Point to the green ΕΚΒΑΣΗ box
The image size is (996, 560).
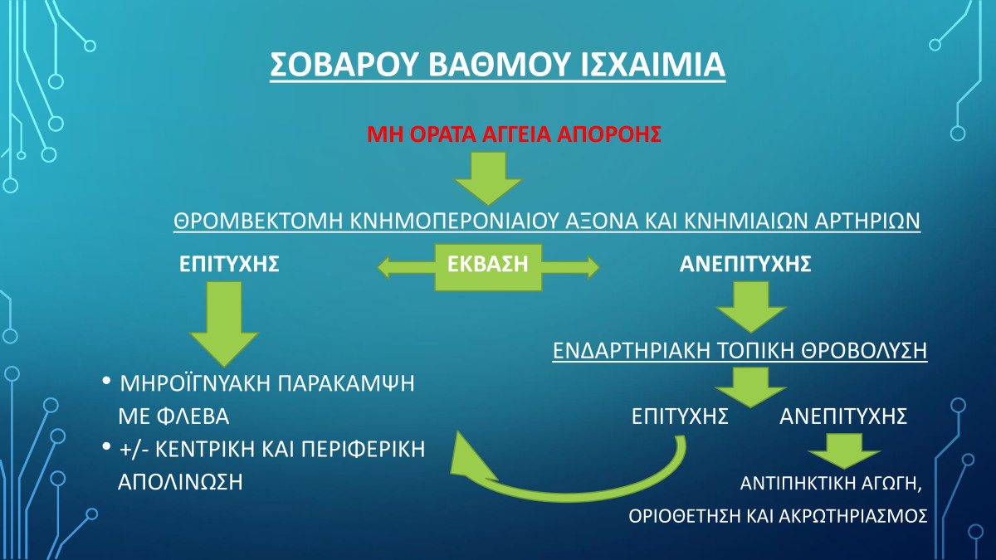488,267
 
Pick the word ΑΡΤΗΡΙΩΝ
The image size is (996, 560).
867,221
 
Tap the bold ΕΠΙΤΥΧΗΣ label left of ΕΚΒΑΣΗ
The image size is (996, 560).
229,264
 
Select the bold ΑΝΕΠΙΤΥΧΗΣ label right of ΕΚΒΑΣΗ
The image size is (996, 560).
745,264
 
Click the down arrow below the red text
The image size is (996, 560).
488,178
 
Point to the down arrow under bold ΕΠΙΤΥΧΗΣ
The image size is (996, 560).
224,324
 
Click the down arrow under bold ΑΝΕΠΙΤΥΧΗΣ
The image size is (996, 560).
751,307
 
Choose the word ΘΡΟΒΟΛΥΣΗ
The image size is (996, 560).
864,351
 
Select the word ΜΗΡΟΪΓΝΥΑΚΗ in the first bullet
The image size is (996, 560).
194,382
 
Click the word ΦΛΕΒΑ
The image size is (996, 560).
193,416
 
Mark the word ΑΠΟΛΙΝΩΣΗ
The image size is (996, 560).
180,482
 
